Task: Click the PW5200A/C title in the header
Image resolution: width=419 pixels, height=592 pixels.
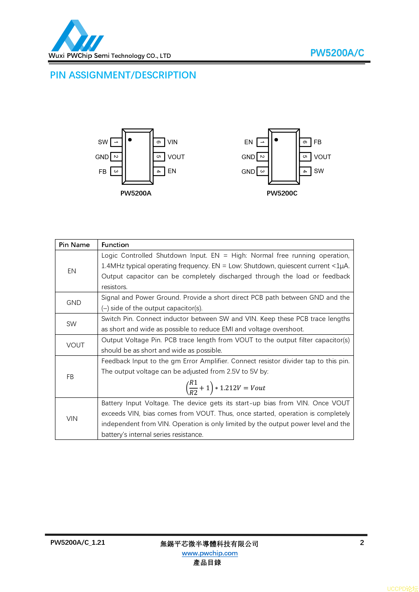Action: [x=337, y=53]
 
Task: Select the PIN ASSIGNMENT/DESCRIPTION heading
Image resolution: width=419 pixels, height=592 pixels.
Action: [x=123, y=75]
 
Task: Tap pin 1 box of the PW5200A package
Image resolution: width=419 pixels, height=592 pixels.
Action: [x=116, y=142]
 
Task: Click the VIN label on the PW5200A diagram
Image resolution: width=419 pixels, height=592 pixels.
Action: [x=172, y=142]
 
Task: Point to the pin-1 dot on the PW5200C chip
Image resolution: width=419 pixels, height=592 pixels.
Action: [x=276, y=140]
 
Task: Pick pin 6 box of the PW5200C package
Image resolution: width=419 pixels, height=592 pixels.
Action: [x=305, y=142]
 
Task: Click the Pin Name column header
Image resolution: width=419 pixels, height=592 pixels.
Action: [x=74, y=245]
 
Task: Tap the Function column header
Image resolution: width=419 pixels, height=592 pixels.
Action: [x=115, y=245]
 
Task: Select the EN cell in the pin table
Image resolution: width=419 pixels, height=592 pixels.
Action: [x=72, y=271]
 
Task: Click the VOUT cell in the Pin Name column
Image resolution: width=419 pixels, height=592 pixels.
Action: [x=75, y=345]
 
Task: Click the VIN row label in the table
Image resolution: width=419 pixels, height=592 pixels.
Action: [x=72, y=418]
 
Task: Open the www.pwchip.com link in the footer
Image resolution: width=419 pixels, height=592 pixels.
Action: [x=210, y=553]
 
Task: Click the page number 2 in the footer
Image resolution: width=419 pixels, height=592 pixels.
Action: [x=362, y=542]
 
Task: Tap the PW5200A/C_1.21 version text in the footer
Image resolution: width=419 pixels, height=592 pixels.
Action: [x=78, y=542]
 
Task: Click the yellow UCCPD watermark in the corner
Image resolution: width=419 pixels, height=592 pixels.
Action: [x=402, y=589]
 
